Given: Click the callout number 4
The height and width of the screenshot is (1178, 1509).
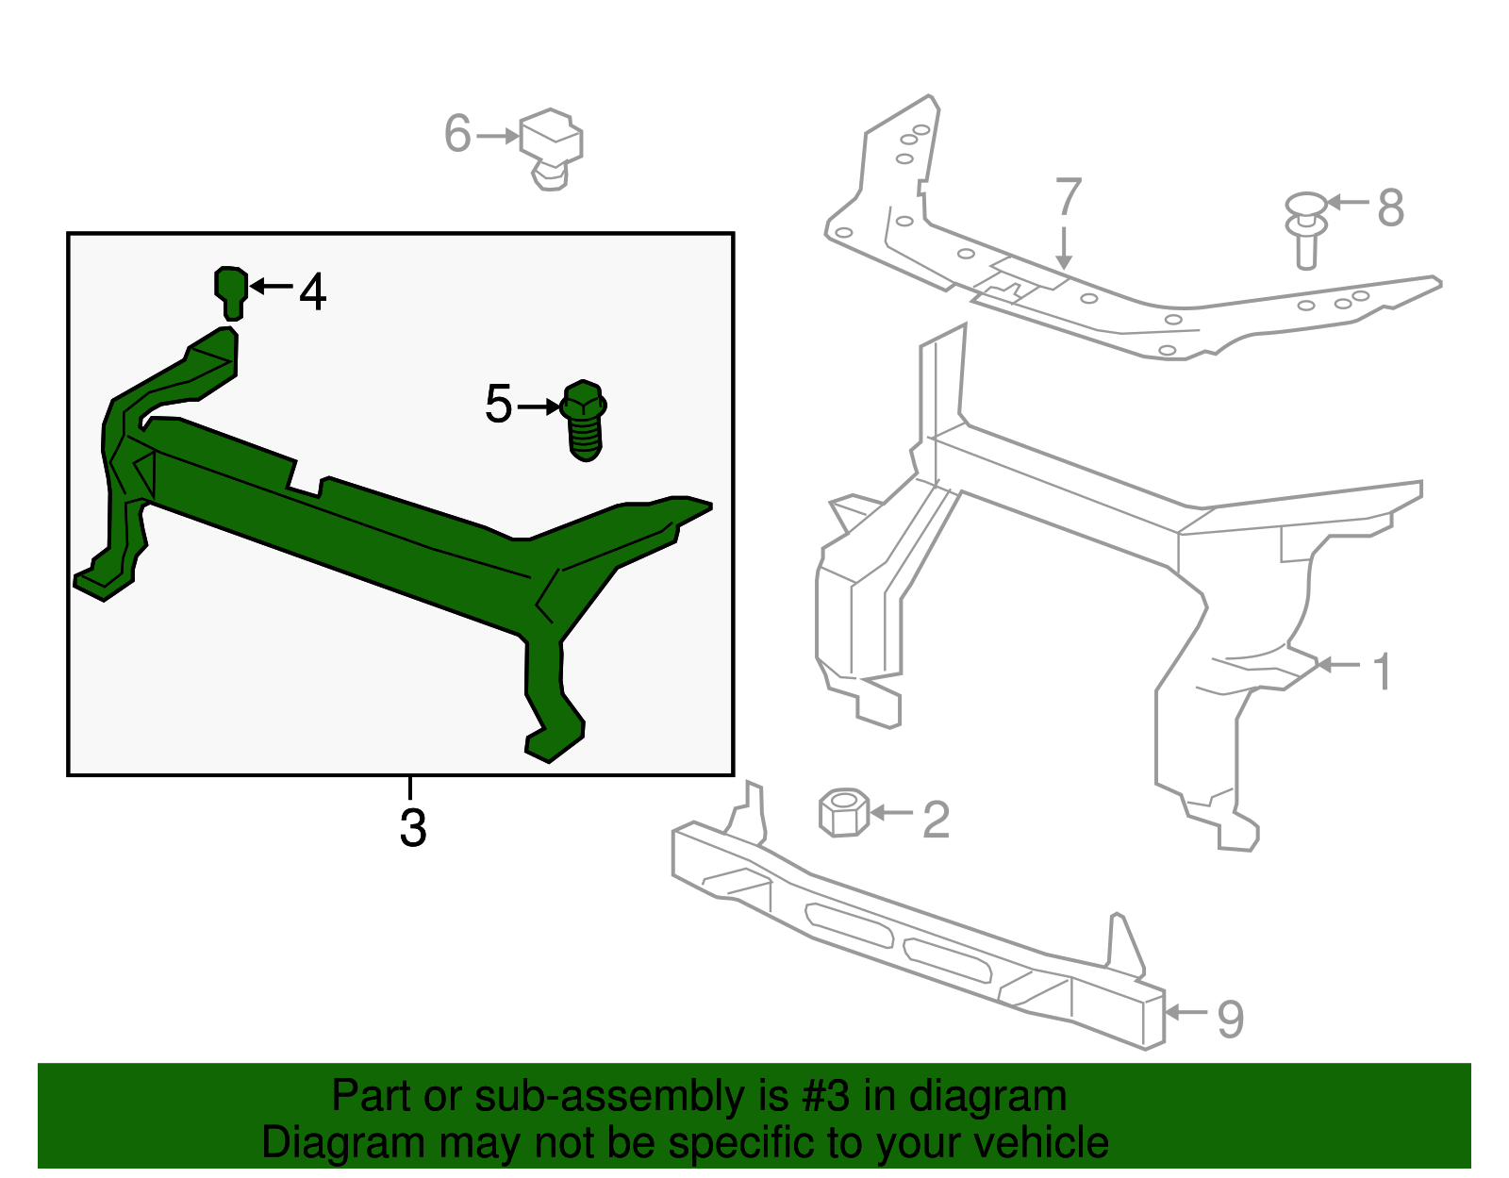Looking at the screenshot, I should coord(313,291).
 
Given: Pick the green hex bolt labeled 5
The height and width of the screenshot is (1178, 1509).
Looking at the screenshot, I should coord(584,421).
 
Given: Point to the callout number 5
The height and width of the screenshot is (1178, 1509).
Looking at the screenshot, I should coord(498,405).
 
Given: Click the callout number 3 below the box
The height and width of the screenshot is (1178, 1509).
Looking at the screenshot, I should coord(413,827).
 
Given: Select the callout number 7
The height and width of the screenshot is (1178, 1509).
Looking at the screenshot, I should coord(1068,196).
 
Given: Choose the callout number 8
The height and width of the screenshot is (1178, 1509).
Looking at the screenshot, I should coord(1391,207).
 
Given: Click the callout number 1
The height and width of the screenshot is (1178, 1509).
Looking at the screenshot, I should coord(1383,672).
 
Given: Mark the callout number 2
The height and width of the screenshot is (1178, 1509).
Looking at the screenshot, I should coord(936,819).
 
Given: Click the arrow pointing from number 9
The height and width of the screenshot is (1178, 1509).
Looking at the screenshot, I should coord(1187,1012).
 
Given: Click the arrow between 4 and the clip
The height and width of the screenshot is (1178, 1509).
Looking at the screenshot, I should coord(272,285).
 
